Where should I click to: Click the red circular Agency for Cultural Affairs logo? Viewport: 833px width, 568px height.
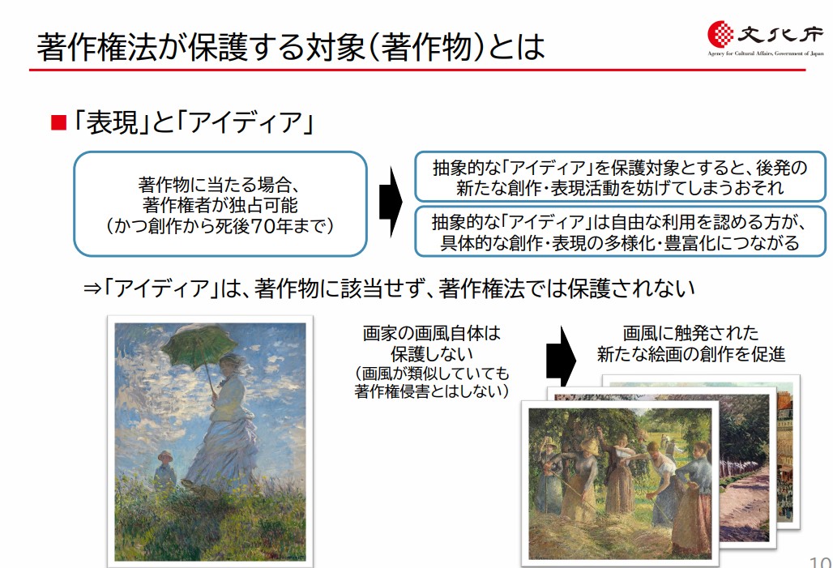coord(720,33)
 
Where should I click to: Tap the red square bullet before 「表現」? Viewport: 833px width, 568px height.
coord(58,122)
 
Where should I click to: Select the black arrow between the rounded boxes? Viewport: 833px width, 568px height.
coord(391,202)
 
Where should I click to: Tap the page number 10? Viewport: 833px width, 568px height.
coord(821,562)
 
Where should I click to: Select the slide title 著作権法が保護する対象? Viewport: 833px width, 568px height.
coord(201,46)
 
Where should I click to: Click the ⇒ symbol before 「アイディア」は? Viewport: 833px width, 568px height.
coord(92,289)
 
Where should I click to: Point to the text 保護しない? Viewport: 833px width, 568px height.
coord(431,354)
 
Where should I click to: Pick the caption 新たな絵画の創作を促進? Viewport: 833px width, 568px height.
coord(690,354)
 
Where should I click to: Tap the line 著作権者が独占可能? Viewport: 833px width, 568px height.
coord(220,205)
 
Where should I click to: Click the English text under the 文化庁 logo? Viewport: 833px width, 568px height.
coord(766,53)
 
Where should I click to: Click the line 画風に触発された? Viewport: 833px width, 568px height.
coord(690,333)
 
